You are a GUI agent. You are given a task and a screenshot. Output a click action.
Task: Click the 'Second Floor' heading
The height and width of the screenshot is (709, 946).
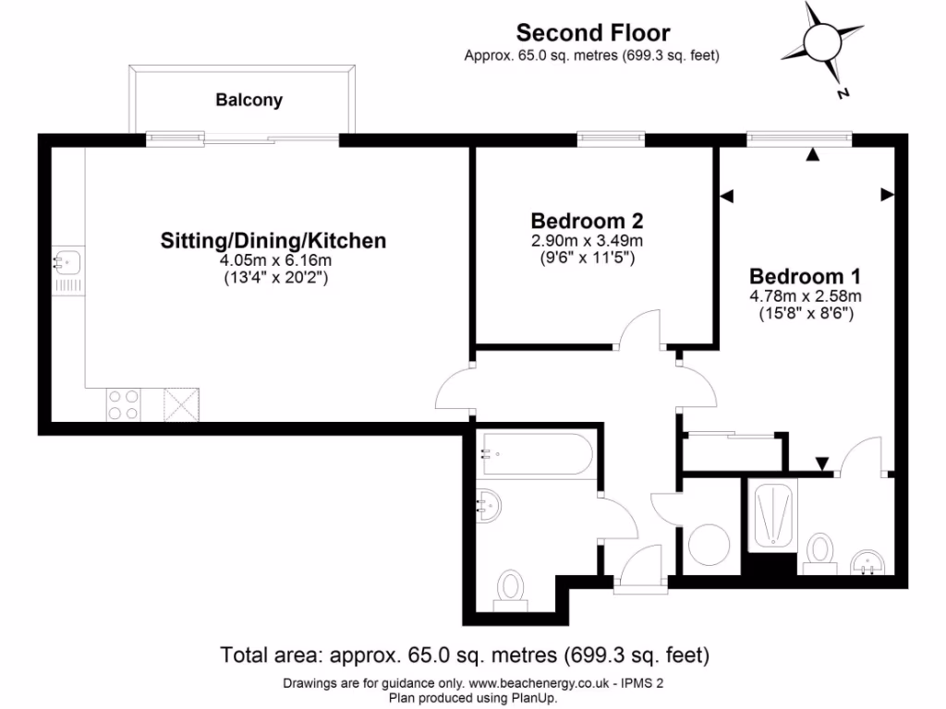pos(592,33)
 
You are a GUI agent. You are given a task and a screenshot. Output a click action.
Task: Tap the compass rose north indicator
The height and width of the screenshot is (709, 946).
pos(842,92)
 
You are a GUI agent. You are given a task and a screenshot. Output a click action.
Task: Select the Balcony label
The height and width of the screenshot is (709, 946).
pos(249,100)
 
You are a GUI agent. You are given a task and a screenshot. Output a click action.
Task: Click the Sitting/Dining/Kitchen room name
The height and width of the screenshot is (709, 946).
pos(273,241)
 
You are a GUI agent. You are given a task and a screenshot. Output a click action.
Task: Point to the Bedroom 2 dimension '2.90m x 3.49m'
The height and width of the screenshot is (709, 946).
pos(587,241)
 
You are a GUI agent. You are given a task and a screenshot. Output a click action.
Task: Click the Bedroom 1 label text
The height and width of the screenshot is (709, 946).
pos(805,276)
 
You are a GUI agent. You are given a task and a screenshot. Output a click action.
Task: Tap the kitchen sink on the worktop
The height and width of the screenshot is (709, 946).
pos(67,262)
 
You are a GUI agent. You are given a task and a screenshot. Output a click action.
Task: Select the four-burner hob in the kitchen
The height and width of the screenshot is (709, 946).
pos(125,403)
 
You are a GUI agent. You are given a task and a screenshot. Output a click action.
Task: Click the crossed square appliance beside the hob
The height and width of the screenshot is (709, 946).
pos(180,403)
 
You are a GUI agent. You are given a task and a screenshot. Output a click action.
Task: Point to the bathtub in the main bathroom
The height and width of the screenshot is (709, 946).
pos(535,454)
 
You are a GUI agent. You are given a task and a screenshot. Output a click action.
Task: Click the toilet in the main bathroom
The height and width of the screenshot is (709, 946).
pos(510,588)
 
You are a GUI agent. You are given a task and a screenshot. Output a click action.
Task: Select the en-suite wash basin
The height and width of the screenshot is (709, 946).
pos(867,562)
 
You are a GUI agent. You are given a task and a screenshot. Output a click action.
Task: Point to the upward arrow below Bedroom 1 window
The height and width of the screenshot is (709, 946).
pos(812,155)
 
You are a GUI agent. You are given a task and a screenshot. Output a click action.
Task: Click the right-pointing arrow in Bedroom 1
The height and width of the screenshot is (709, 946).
pos(887,195)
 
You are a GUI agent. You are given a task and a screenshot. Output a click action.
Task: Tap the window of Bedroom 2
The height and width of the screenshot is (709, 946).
pos(611,138)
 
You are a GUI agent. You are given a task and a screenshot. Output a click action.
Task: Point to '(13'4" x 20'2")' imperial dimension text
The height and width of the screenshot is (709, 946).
pos(273,277)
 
